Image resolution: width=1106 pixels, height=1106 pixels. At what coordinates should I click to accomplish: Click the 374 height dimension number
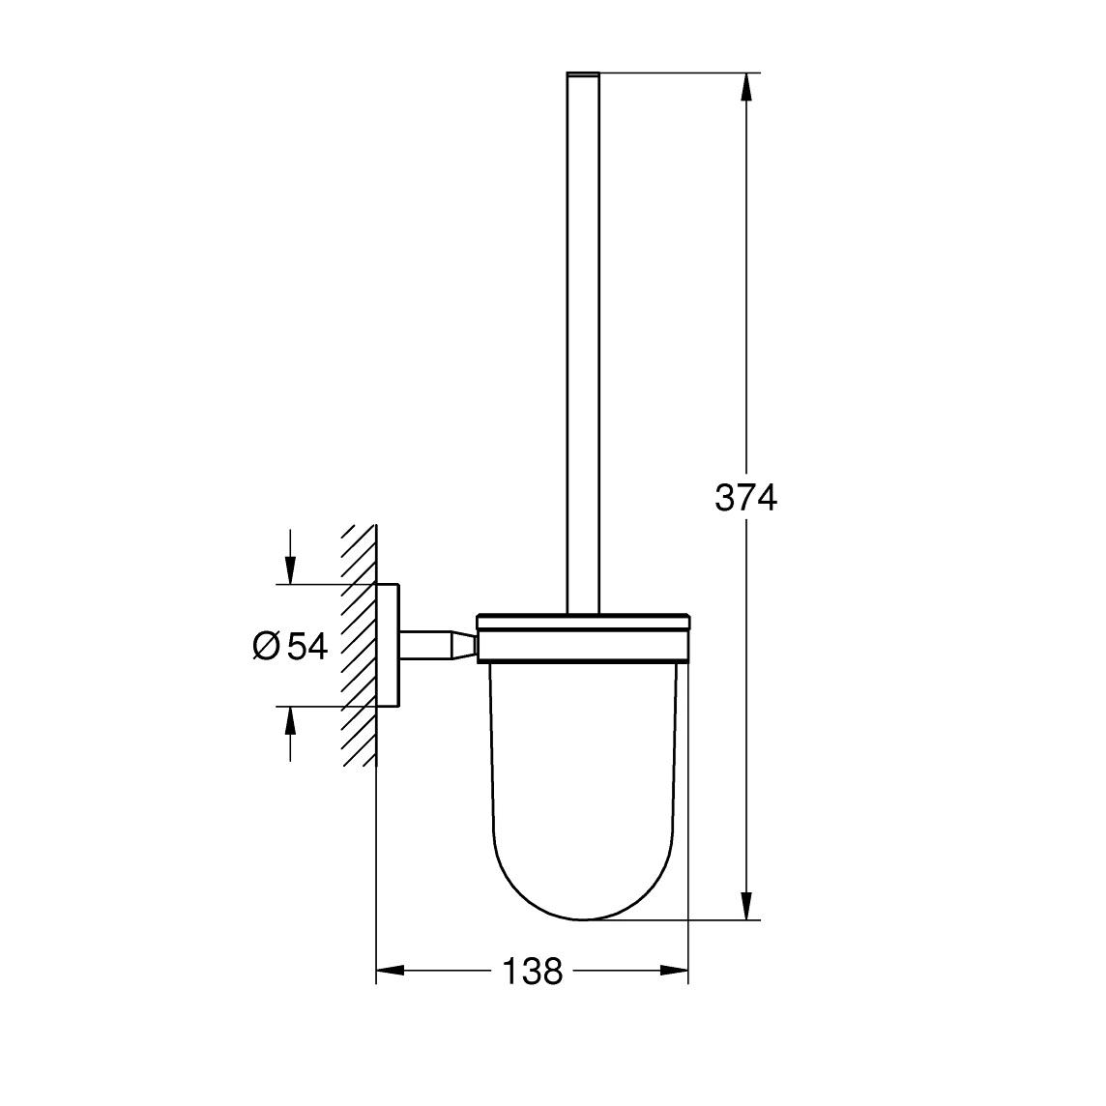tap(745, 498)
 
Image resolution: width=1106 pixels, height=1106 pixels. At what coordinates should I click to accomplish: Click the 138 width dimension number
tap(532, 970)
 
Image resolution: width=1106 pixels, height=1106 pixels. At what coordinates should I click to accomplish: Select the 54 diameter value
tap(307, 646)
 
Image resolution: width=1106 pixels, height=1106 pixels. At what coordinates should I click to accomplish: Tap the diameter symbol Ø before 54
tap(266, 646)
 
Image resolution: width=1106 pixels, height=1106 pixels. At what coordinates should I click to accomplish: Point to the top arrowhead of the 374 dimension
tap(745, 87)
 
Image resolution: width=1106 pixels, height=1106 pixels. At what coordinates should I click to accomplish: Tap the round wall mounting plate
tap(387, 646)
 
